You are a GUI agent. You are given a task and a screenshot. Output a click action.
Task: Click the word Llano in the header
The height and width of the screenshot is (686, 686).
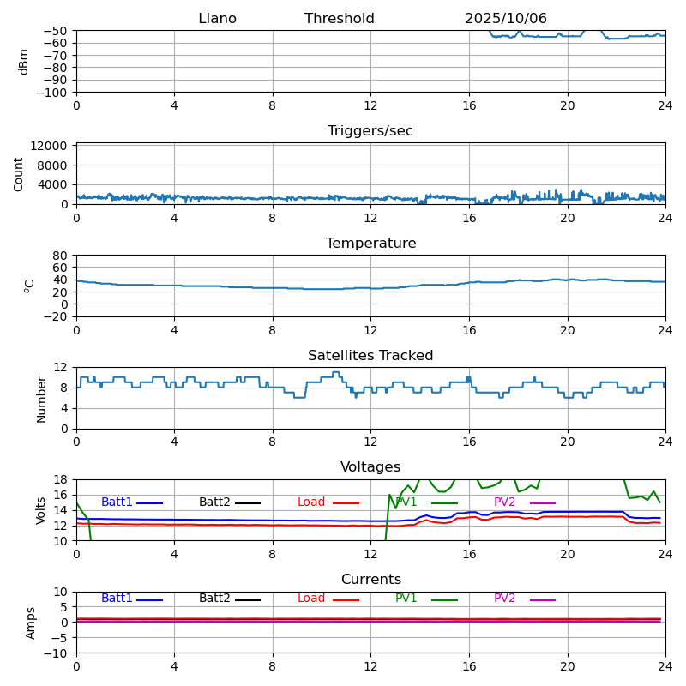click(x=217, y=19)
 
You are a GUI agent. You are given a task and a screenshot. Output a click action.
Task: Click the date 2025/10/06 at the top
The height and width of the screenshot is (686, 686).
click(x=506, y=19)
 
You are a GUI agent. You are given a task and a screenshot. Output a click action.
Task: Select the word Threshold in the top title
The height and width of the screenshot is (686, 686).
click(x=339, y=19)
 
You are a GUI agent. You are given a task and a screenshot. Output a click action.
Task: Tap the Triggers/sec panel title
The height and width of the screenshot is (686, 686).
click(x=370, y=131)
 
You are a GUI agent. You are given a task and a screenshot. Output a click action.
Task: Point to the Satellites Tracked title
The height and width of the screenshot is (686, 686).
click(x=370, y=356)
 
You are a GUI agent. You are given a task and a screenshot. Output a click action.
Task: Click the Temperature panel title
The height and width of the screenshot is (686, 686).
click(x=370, y=244)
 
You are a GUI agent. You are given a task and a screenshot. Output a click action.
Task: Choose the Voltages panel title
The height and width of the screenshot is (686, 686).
click(x=370, y=467)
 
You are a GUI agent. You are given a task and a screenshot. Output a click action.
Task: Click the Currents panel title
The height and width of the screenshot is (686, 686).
click(x=370, y=580)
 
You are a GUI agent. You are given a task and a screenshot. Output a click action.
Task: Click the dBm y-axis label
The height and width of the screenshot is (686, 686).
click(x=24, y=61)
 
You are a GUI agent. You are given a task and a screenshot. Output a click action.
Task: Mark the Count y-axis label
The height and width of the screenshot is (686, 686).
click(x=20, y=173)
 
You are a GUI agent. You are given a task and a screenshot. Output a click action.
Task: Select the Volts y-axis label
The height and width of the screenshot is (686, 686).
click(x=41, y=509)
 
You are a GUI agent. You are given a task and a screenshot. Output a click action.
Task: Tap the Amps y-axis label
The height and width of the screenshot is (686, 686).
click(x=32, y=623)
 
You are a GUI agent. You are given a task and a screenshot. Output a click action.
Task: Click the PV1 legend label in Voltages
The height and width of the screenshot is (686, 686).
click(x=406, y=502)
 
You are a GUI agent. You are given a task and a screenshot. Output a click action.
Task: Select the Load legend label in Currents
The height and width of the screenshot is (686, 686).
click(x=311, y=599)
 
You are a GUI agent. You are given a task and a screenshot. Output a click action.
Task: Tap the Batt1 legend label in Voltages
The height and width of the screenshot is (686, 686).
click(x=117, y=502)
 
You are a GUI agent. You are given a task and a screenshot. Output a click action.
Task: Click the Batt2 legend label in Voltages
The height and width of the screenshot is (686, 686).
click(x=214, y=502)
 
